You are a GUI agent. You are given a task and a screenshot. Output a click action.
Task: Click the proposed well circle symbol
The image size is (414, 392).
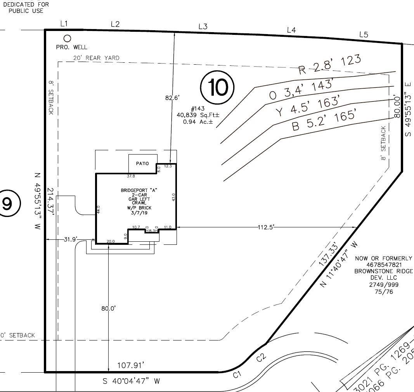(68, 38)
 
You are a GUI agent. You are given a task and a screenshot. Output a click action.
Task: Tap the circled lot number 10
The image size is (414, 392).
(218, 87)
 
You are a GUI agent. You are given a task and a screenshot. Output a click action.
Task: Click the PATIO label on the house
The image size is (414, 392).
(142, 164)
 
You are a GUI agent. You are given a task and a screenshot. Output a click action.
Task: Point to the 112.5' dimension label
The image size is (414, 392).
(266, 227)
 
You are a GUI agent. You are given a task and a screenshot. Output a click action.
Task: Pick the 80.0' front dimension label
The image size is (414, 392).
(108, 308)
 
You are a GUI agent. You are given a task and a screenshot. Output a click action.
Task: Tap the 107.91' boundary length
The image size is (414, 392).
(131, 365)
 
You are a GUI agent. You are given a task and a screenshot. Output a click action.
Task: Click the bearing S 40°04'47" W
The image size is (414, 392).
(131, 381)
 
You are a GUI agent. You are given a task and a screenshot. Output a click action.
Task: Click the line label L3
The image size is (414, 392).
(203, 26)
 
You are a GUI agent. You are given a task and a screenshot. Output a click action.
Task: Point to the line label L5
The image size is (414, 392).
(364, 34)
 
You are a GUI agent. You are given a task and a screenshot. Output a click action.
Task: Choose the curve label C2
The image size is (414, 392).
(261, 357)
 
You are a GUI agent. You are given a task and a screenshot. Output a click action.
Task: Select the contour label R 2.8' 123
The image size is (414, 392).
(329, 65)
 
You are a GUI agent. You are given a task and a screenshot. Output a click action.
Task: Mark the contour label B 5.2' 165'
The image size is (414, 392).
(324, 120)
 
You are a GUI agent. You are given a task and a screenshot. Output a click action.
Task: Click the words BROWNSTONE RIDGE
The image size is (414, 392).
(383, 272)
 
